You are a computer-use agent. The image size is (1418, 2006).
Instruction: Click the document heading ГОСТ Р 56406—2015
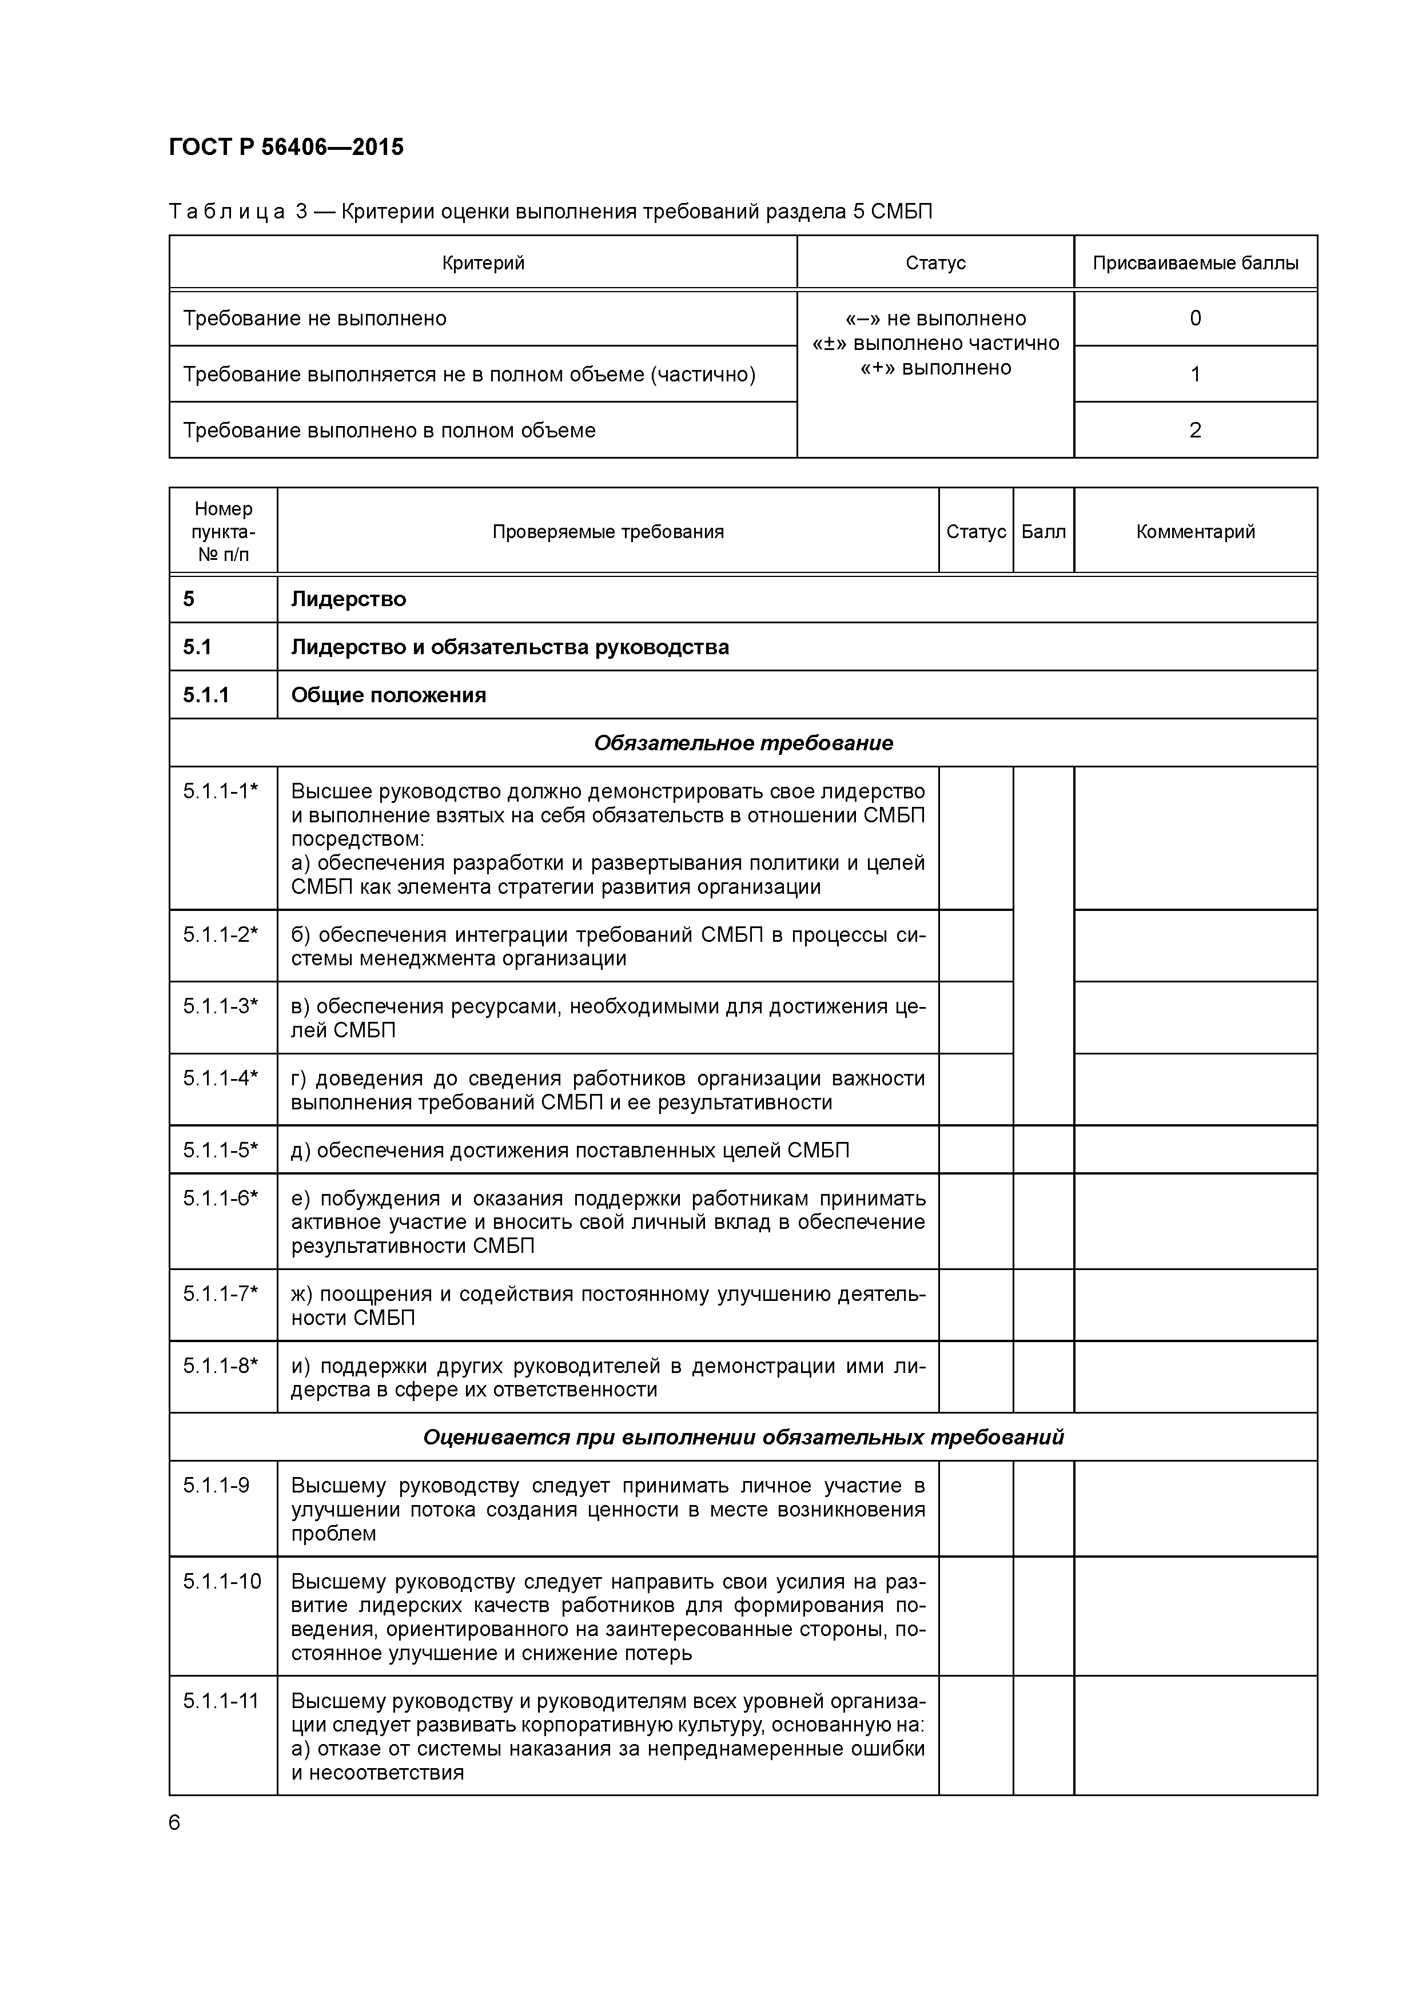[x=286, y=147]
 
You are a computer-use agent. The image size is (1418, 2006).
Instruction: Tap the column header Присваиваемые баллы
[x=1194, y=263]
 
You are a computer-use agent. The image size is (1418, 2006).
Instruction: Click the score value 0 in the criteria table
[x=1194, y=318]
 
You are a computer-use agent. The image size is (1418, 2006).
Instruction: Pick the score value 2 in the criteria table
[x=1194, y=430]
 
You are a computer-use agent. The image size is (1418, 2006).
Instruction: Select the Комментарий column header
[x=1194, y=531]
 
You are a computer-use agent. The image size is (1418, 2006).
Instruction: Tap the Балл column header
[x=1043, y=531]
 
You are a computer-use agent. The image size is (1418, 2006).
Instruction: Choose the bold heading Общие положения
[x=388, y=695]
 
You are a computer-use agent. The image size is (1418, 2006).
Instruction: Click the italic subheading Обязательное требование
[x=743, y=743]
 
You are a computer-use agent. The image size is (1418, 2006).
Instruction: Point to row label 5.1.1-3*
[x=220, y=1006]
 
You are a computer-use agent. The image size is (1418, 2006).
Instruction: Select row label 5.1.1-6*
[x=220, y=1198]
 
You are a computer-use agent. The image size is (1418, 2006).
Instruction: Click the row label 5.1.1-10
[x=222, y=1581]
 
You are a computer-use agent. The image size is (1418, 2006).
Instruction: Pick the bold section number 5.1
[x=197, y=647]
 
